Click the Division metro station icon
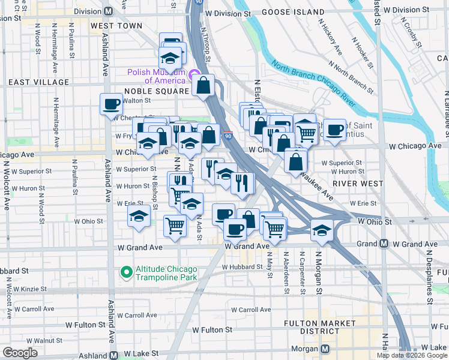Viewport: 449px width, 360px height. click(109, 11)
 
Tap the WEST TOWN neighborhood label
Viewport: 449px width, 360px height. click(116, 26)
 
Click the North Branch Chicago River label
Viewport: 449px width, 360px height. click(322, 83)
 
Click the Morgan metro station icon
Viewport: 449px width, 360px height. click(325, 349)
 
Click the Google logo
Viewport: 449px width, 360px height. click(20, 353)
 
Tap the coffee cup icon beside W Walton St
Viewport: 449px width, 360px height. click(111, 104)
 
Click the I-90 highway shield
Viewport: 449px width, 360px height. click(228, 136)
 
